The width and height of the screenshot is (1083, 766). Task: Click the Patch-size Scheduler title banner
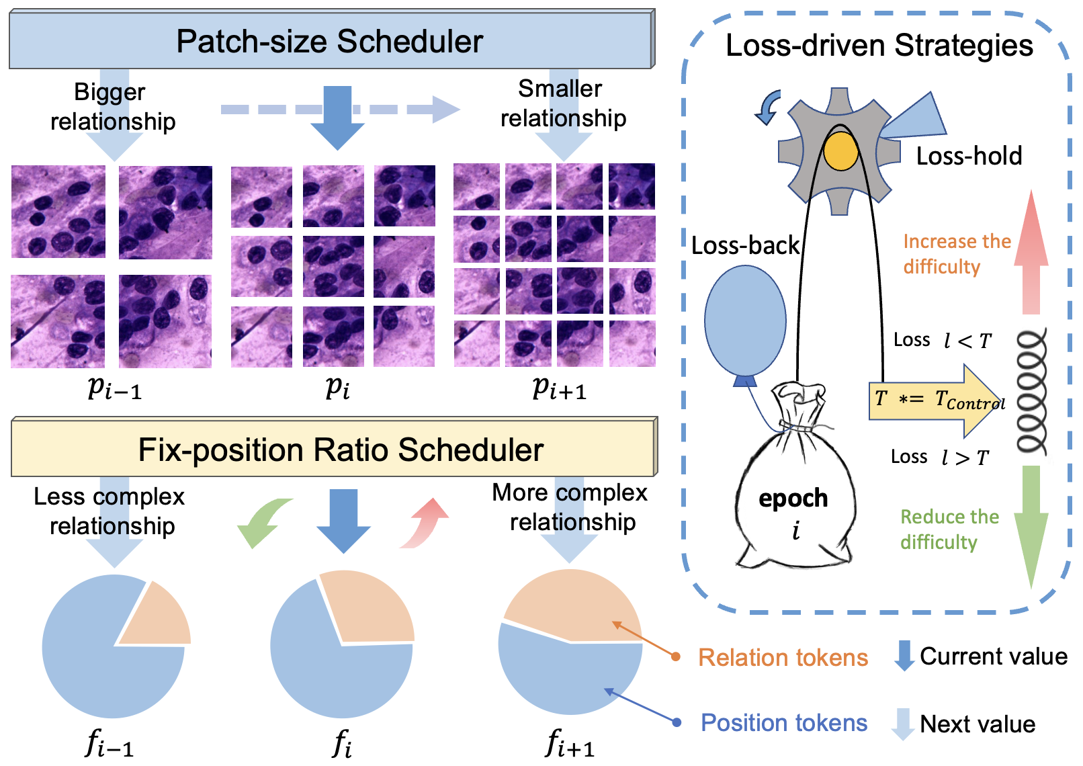[332, 40]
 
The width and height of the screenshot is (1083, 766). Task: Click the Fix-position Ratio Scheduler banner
[335, 447]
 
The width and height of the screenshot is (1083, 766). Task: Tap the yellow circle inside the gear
[840, 151]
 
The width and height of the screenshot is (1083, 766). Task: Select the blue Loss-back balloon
[745, 322]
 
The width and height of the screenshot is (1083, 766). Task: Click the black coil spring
[1031, 391]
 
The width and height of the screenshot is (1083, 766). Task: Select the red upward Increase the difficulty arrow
[1031, 251]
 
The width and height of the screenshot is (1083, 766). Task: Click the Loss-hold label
[969, 156]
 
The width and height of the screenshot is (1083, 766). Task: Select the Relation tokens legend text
[783, 658]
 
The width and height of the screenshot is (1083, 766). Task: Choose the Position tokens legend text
[784, 723]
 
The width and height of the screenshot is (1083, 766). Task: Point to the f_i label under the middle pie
[342, 743]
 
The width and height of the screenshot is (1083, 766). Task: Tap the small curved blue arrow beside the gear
[768, 107]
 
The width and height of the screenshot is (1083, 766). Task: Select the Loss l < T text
[942, 341]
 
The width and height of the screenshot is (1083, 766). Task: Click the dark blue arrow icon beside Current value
[904, 656]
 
